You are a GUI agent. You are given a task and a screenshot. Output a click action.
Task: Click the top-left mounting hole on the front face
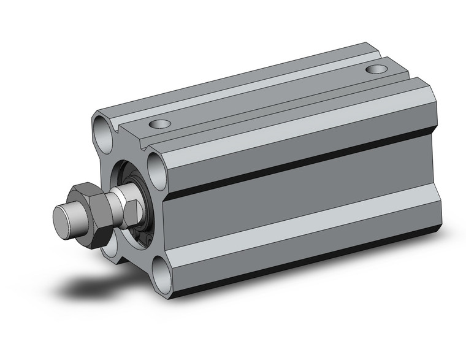[x=102, y=129]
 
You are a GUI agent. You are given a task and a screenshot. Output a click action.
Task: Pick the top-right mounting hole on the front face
[x=157, y=165]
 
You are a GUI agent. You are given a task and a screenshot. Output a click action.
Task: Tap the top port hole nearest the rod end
[x=161, y=125]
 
